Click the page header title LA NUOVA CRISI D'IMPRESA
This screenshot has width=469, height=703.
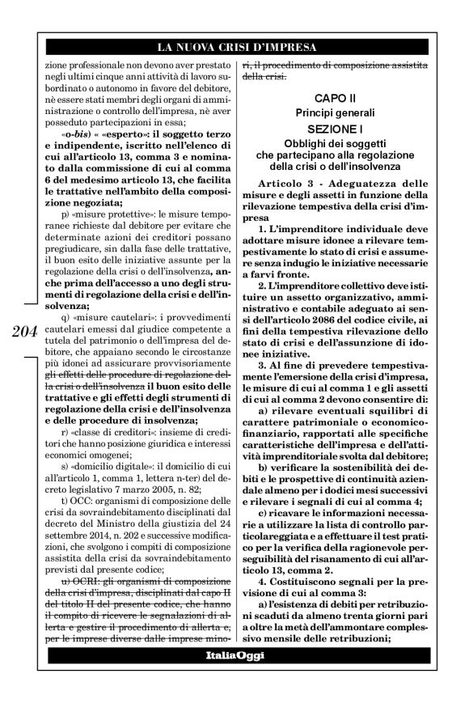tap(234, 47)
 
